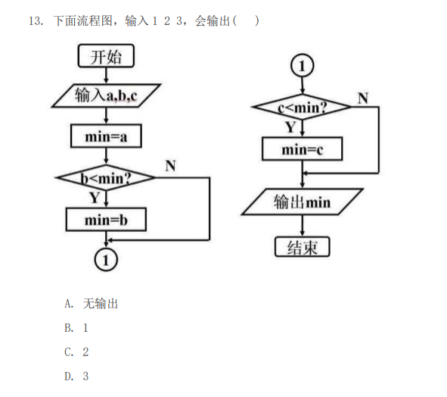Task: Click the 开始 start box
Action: (x=106, y=56)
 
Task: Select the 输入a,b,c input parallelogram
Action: (x=106, y=95)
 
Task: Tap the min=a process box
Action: (x=106, y=136)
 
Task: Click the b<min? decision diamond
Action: (x=106, y=177)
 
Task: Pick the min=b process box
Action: (x=106, y=220)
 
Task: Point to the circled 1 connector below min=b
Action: (x=106, y=260)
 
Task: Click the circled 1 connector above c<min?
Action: (x=303, y=66)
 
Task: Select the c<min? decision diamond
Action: (x=303, y=107)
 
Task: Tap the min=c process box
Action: (x=303, y=148)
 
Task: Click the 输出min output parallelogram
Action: (x=303, y=202)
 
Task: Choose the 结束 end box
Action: (x=303, y=247)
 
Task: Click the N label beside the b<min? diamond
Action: (x=170, y=166)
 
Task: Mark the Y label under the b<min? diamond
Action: (x=95, y=198)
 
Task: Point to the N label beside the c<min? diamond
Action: (x=363, y=98)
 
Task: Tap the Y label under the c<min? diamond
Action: (x=290, y=127)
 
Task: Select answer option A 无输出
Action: (x=92, y=303)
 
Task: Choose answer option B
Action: (x=76, y=328)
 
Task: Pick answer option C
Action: (x=76, y=352)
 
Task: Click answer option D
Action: (x=76, y=376)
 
